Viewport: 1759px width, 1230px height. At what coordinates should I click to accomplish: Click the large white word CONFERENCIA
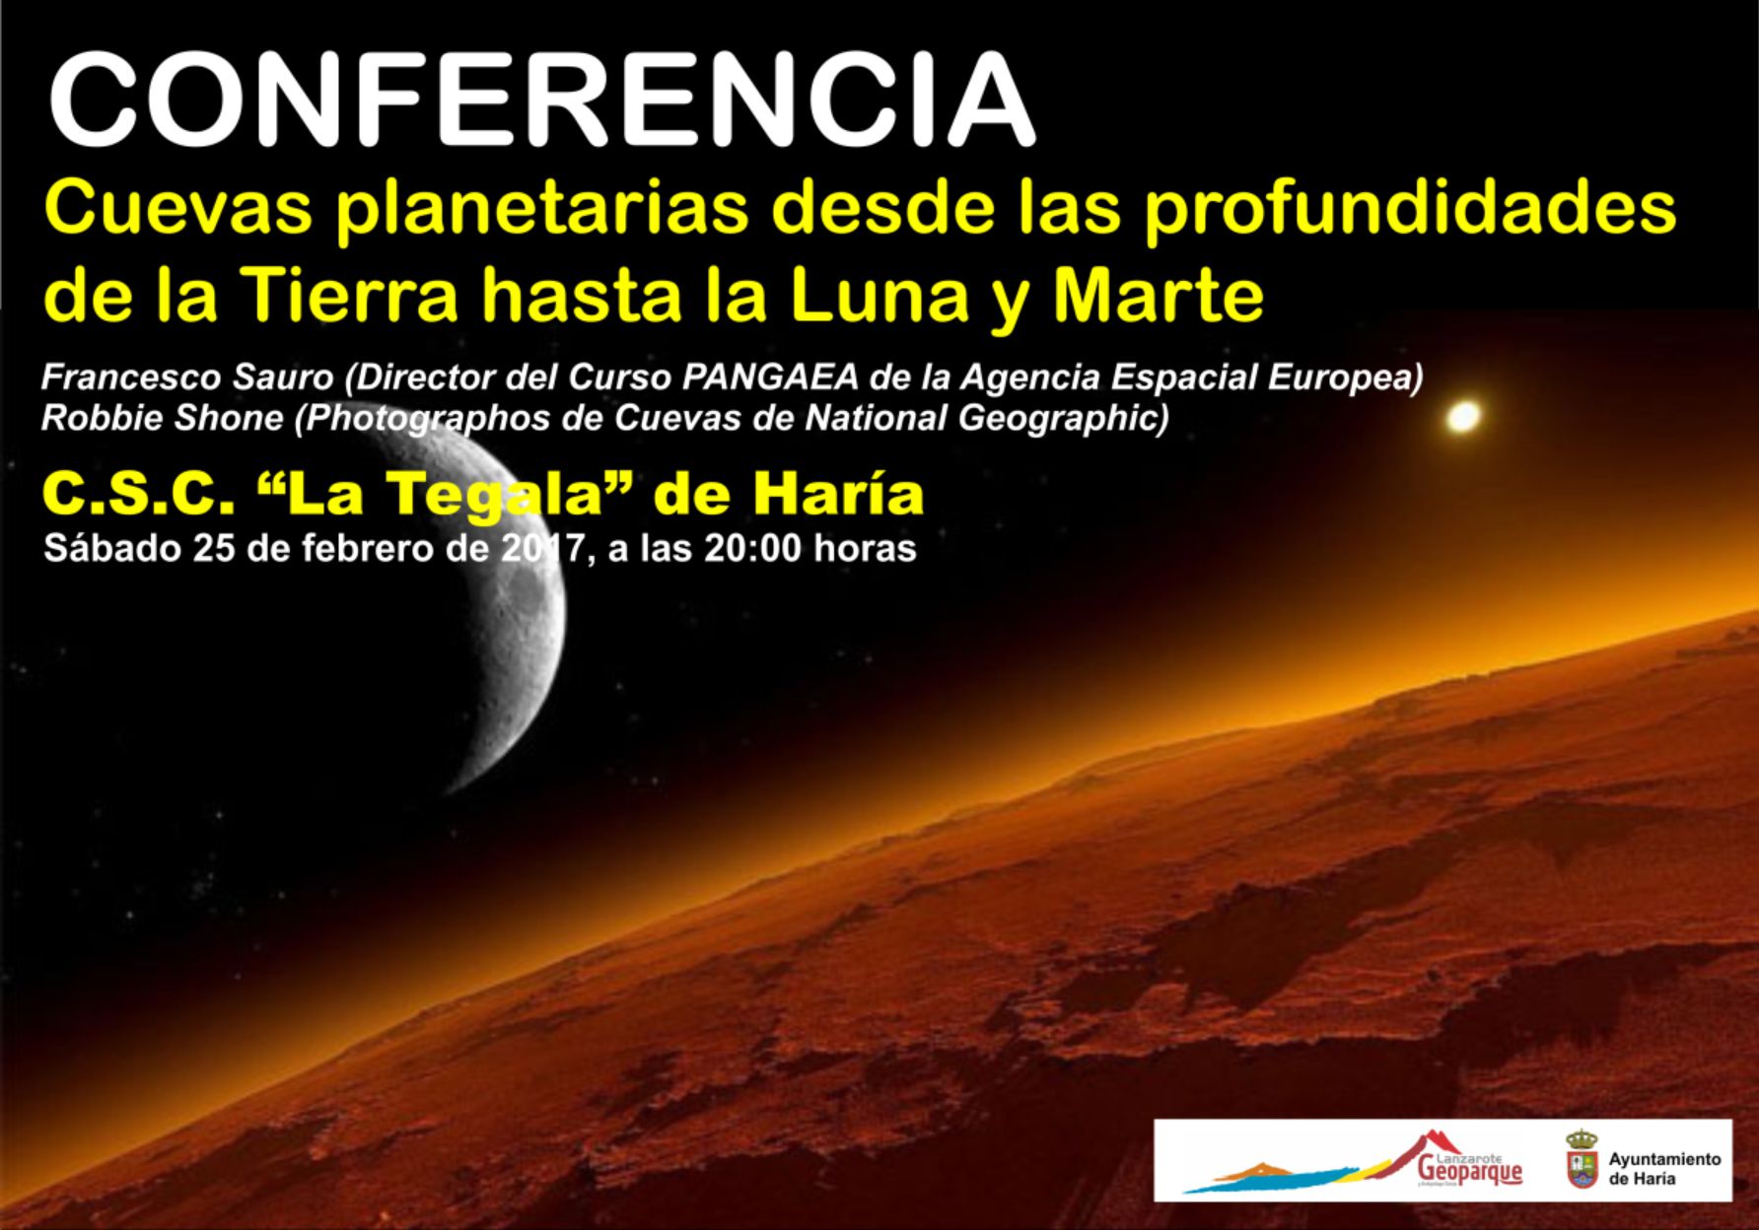point(541,102)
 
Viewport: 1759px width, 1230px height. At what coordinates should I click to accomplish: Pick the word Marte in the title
point(1158,295)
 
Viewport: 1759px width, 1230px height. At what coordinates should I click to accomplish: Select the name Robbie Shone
point(163,418)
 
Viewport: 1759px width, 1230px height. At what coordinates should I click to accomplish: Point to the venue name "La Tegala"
point(438,495)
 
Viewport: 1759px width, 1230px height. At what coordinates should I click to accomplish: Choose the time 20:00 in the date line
point(752,548)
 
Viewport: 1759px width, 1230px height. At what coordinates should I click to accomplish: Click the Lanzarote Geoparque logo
point(1351,1160)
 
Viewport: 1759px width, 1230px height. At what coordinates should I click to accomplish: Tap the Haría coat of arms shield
point(1581,1160)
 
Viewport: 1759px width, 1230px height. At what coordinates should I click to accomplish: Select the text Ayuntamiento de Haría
point(1664,1168)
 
